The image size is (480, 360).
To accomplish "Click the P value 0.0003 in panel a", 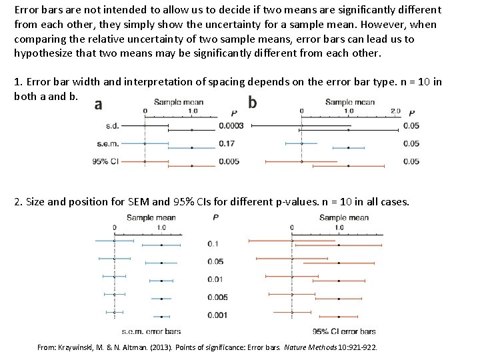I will pos(231,125).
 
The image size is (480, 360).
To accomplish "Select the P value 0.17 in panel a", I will pos(227,143).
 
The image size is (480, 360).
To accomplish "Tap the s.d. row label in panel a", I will pos(113,125).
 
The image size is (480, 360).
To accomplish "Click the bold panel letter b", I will pos(252,103).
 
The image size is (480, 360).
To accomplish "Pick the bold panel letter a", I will pos(98,104).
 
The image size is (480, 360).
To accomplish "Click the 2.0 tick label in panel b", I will pos(395,111).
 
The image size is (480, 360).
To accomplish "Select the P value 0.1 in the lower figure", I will pos(213,244).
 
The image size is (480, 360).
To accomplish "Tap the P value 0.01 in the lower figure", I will pos(215,279).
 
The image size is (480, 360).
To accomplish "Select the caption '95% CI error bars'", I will pos(343,331).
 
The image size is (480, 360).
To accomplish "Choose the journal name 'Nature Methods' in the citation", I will pos(319,348).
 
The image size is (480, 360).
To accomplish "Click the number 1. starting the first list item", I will pos(18,82).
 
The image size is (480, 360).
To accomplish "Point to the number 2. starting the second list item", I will pos(18,202).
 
